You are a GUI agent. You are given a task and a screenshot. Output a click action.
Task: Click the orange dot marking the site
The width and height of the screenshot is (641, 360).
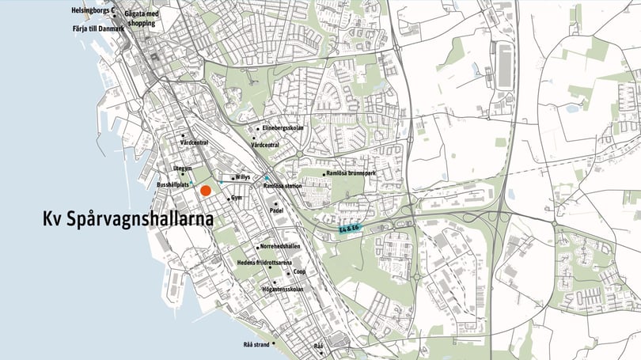click(206, 191)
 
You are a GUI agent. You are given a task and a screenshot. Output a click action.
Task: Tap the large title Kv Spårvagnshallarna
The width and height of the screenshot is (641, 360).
click(128, 219)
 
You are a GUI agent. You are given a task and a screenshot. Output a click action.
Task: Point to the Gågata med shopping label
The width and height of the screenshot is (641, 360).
click(141, 18)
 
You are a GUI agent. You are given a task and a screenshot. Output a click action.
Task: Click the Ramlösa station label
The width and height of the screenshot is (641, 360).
click(283, 185)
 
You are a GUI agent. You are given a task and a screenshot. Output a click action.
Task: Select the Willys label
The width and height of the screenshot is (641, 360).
click(243, 177)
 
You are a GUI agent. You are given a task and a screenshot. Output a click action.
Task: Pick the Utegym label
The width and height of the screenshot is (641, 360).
click(183, 168)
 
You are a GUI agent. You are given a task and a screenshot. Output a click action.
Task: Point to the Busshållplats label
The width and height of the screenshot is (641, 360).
click(173, 184)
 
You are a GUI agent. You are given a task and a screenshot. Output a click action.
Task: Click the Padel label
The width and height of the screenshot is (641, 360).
click(276, 211)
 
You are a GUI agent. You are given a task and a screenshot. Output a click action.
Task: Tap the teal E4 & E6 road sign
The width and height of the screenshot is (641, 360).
click(349, 229)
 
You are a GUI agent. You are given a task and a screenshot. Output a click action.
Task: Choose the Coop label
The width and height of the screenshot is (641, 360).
click(299, 271)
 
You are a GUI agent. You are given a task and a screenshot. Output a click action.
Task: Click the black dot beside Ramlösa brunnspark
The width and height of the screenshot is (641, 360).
click(324, 174)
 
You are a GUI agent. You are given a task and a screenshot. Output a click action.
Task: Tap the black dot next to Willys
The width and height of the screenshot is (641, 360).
click(232, 178)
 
